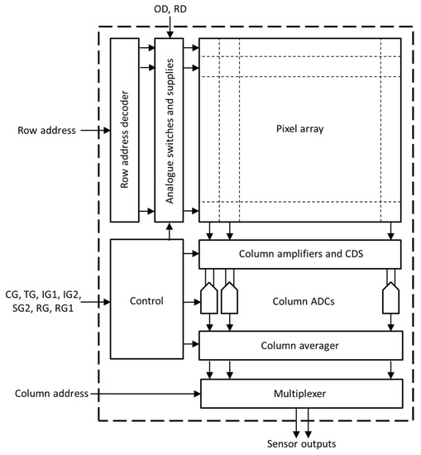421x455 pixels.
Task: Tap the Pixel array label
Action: pos(299,130)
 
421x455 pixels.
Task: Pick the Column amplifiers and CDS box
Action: pos(299,252)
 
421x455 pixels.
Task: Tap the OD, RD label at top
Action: pos(169,11)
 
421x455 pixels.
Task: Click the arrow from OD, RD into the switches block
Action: pos(169,28)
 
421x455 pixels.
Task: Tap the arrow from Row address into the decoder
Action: pos(93,130)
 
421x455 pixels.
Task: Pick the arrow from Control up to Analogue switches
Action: pos(169,231)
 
